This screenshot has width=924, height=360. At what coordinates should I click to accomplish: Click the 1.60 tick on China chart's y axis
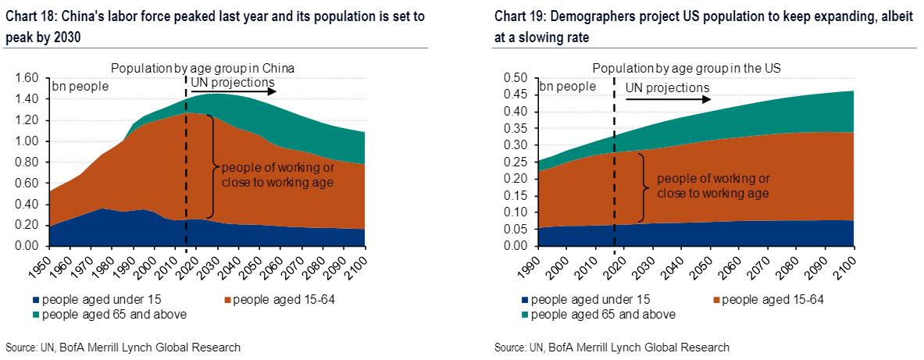(27, 78)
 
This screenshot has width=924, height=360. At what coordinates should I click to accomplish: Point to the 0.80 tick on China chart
(27, 162)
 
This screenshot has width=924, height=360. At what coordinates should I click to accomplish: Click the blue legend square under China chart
(36, 300)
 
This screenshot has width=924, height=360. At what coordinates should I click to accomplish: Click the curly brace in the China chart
(212, 166)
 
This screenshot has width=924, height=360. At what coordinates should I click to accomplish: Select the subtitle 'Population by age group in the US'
(686, 69)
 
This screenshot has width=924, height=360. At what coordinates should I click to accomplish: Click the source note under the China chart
(123, 347)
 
